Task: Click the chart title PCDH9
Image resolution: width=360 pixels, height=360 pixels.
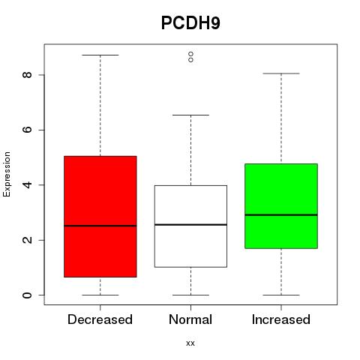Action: tap(190, 22)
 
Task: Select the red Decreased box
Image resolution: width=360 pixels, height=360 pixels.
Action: tap(100, 217)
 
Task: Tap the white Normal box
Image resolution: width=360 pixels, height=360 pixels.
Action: tap(190, 226)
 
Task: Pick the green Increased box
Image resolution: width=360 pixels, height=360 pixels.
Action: tap(281, 206)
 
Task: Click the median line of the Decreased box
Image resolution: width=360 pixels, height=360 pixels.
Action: tap(100, 226)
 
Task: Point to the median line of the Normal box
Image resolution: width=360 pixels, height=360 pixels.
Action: tap(190, 225)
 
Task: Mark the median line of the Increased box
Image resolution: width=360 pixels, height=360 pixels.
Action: tap(281, 214)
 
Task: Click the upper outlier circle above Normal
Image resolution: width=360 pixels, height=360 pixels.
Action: tap(190, 54)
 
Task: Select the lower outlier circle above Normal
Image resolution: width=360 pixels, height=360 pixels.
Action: tap(190, 60)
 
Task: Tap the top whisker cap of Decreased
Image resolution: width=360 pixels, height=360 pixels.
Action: tap(100, 55)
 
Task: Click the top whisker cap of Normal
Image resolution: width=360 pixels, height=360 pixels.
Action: tap(190, 115)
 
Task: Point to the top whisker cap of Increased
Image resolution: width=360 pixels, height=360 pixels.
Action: tap(281, 73)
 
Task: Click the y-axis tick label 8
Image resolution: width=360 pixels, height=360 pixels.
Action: tap(28, 75)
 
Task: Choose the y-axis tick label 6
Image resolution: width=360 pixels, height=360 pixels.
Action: tap(28, 130)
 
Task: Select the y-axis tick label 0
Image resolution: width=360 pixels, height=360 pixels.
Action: tap(28, 295)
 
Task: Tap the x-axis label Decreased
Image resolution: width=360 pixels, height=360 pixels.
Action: tap(100, 319)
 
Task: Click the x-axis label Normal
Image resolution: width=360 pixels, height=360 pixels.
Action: tap(190, 319)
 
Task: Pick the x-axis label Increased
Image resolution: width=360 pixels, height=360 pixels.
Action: tap(281, 319)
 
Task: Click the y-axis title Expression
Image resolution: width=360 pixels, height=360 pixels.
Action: tap(7, 174)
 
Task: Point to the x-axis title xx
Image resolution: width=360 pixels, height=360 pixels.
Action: tap(190, 343)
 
